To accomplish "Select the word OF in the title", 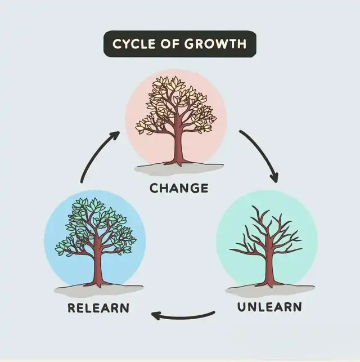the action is tap(169, 44).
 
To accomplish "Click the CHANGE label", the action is tap(179, 188).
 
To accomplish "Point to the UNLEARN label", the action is tap(269, 307).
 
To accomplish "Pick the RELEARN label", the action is tap(98, 308).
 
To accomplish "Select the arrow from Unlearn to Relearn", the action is tap(182, 317).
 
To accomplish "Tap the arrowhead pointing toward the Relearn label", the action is tap(156, 315).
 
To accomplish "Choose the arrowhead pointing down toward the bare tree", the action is tap(274, 178).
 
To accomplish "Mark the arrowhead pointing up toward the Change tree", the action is tap(115, 135).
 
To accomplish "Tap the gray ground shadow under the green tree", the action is tap(98, 291).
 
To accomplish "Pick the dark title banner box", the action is tap(179, 44).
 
